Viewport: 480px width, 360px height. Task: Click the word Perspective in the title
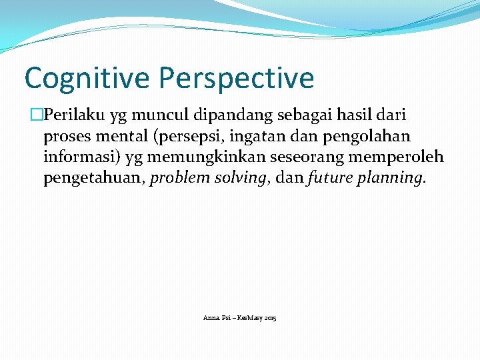point(236,78)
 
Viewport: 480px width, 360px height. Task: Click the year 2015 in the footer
point(270,318)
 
